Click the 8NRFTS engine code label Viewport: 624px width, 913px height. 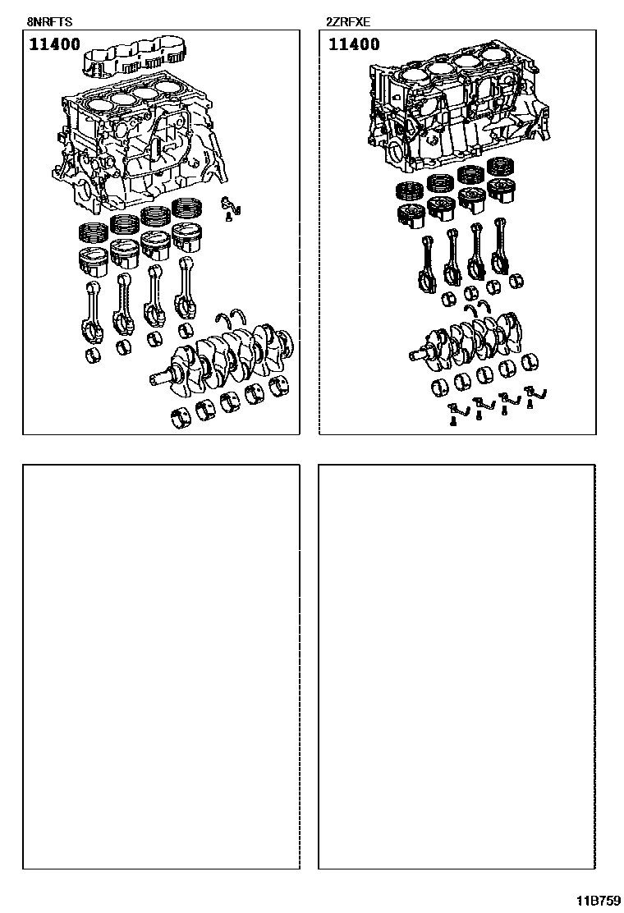click(x=49, y=23)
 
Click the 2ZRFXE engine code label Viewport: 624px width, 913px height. click(x=348, y=23)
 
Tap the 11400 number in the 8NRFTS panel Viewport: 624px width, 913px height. click(x=55, y=44)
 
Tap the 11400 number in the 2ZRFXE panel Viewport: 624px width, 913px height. click(x=354, y=44)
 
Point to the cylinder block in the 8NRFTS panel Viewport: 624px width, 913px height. click(x=140, y=145)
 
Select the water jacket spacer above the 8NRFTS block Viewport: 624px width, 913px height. click(x=140, y=58)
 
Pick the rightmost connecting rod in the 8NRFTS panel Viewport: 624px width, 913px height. click(x=186, y=287)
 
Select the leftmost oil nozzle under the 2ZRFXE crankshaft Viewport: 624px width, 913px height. click(x=456, y=413)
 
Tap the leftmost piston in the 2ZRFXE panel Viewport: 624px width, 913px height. click(x=411, y=215)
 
